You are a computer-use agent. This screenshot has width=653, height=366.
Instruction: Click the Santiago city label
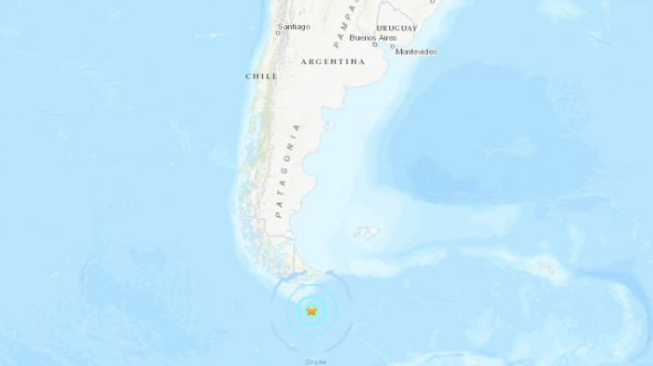point(294,27)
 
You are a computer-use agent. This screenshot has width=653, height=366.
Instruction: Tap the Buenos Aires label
point(372,38)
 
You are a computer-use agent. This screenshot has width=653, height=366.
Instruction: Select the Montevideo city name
point(416,52)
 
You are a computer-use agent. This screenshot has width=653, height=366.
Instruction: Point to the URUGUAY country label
point(396,29)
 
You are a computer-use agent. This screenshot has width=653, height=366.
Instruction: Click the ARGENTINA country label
point(333,61)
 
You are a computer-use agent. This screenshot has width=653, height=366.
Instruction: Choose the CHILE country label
point(261,76)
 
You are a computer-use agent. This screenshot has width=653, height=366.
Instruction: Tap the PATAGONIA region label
point(287,171)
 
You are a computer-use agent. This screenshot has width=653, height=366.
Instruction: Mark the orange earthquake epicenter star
point(312,311)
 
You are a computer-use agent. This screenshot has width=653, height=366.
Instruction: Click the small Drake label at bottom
point(316,361)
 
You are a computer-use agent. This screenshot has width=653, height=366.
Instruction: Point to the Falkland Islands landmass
point(368,233)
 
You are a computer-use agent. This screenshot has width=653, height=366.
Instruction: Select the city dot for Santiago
point(280,34)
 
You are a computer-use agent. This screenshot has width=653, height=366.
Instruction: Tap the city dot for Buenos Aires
point(374,44)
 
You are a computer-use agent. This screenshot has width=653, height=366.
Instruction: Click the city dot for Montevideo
point(393,47)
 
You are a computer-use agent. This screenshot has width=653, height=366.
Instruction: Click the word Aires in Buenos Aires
point(387,38)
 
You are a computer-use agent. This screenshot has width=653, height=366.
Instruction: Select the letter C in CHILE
point(248,76)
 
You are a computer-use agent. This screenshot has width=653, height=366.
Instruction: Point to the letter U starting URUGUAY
point(380,29)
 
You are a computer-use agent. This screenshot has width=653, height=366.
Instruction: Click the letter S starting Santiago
point(280,27)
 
